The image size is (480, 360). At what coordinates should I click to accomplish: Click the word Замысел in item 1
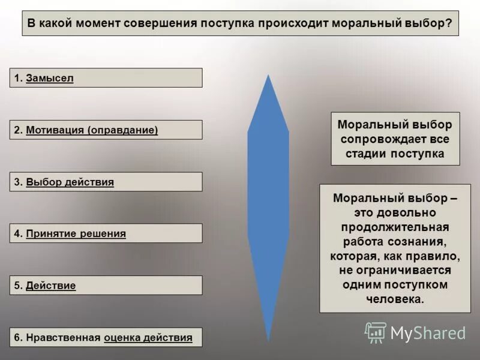pyautogui.click(x=50, y=79)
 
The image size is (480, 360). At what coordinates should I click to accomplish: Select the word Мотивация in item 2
pyautogui.click(x=55, y=130)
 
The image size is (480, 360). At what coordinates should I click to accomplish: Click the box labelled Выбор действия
pyautogui.click(x=106, y=182)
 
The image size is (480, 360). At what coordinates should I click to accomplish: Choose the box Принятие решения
pyautogui.click(x=106, y=233)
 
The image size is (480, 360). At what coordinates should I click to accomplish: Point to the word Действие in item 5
pyautogui.click(x=51, y=286)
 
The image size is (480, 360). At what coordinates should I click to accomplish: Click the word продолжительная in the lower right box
pyautogui.click(x=395, y=227)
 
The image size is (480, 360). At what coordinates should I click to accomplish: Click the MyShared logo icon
pyautogui.click(x=375, y=332)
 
